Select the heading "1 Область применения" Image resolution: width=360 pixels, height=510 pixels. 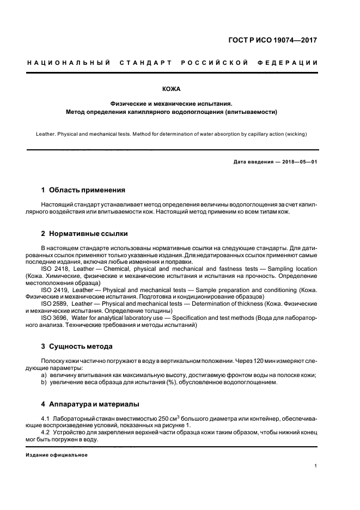point(83,190)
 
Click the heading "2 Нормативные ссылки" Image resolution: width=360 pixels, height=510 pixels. point(84,234)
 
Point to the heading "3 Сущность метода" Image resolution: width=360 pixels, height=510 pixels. point(77,346)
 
